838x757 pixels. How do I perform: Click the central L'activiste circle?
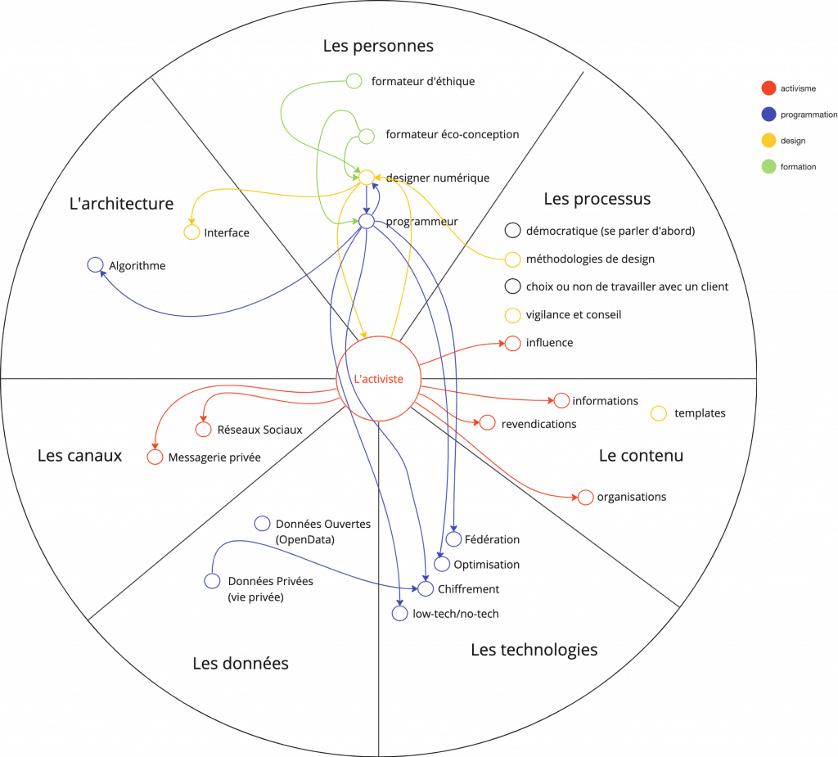click(x=378, y=379)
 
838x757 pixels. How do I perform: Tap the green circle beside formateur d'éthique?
click(x=354, y=81)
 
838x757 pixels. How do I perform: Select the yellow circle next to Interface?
click(x=191, y=232)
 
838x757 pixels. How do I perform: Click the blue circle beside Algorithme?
click(x=95, y=265)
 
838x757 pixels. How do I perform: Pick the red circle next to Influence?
click(x=513, y=343)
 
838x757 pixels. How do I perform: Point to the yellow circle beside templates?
click(x=658, y=413)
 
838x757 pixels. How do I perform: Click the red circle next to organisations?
click(x=585, y=497)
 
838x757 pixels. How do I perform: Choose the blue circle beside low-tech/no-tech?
click(x=399, y=613)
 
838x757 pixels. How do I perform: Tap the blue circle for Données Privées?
click(x=212, y=581)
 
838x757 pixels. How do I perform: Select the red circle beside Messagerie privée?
click(x=155, y=457)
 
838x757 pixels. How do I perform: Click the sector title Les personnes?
click(x=378, y=46)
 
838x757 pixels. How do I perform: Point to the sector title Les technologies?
click(x=534, y=650)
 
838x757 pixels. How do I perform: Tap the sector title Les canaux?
click(x=79, y=456)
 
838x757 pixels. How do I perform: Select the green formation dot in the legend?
click(x=768, y=167)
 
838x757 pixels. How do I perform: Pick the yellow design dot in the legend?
click(x=768, y=141)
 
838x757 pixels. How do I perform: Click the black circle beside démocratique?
click(x=513, y=231)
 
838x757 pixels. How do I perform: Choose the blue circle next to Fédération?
click(x=453, y=539)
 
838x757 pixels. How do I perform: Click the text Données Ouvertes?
click(x=322, y=524)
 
